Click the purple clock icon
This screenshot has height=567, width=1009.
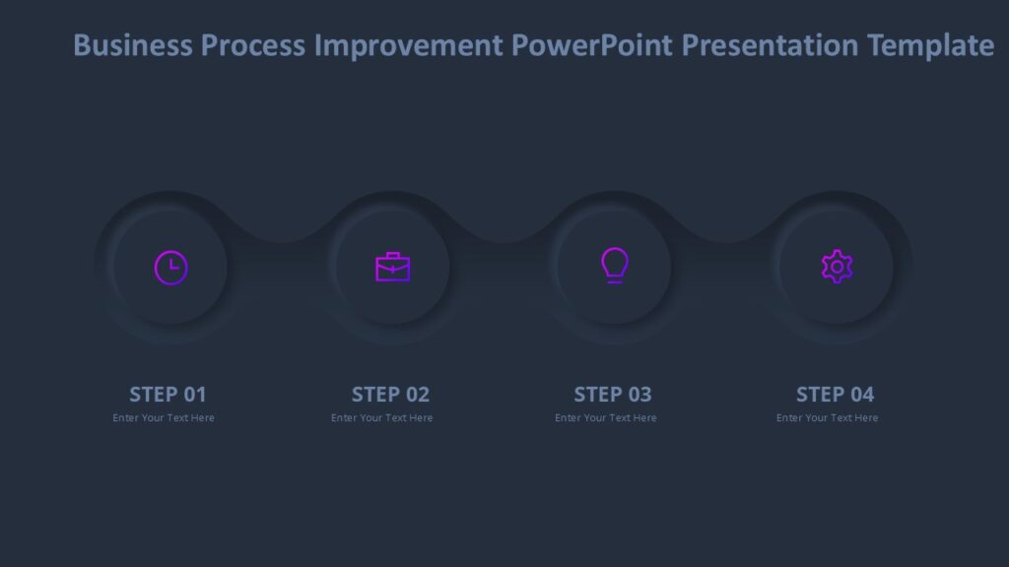pyautogui.click(x=170, y=267)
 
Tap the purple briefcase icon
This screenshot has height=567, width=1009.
pyautogui.click(x=392, y=267)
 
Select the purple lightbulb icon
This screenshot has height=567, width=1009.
pyautogui.click(x=614, y=265)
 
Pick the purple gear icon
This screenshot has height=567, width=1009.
pyautogui.click(x=837, y=267)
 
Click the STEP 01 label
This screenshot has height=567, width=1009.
pyautogui.click(x=168, y=395)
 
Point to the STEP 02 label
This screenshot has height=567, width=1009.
pyautogui.click(x=390, y=395)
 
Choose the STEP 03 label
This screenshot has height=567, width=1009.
pyautogui.click(x=613, y=395)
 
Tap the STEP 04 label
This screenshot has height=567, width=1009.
pyautogui.click(x=835, y=395)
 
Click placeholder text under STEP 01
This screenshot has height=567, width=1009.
pyautogui.click(x=164, y=418)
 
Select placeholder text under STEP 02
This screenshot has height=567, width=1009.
pyautogui.click(x=382, y=418)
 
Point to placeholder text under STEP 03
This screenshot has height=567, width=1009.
pyautogui.click(x=606, y=418)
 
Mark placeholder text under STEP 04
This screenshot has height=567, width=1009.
pyautogui.click(x=828, y=418)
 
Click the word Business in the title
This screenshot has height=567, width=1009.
pyautogui.click(x=133, y=45)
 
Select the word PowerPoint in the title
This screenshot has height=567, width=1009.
pyautogui.click(x=592, y=45)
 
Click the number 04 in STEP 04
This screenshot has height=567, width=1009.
pyautogui.click(x=862, y=395)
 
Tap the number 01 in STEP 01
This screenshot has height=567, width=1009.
pyautogui.click(x=195, y=395)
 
